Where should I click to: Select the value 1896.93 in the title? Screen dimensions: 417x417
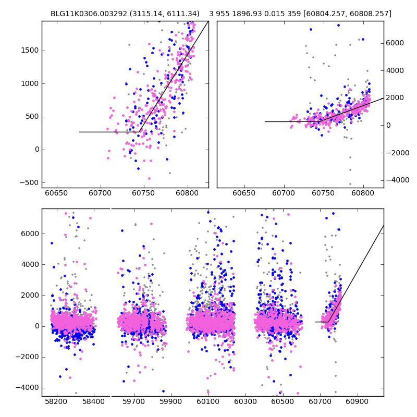250,14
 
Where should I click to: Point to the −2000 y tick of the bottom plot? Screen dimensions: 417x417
28,357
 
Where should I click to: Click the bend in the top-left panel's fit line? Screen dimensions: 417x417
139,132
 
